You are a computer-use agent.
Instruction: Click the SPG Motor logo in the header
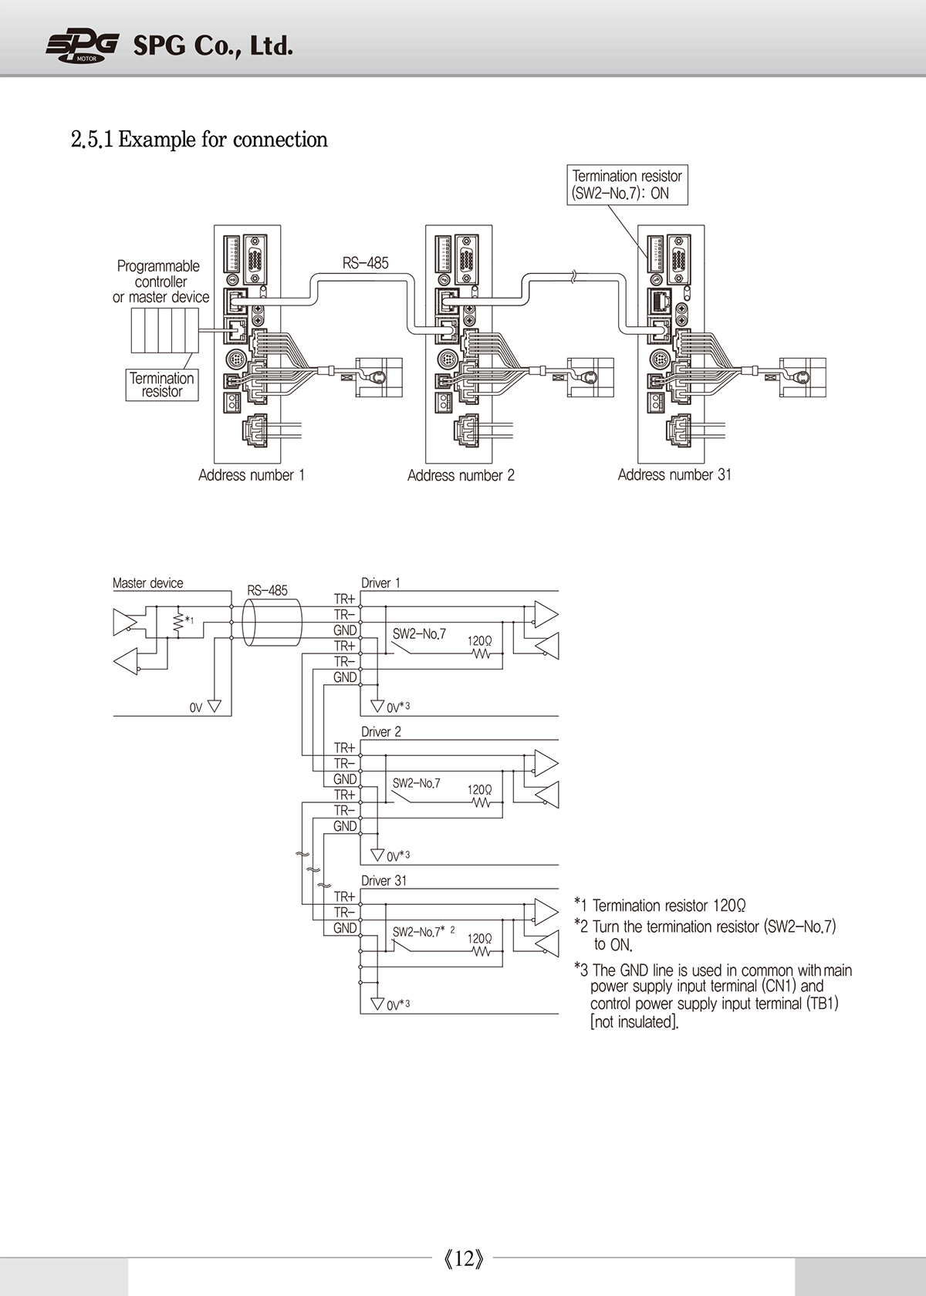pos(82,47)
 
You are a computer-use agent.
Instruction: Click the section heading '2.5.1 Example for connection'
pos(199,140)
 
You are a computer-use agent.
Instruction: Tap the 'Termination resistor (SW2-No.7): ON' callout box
pos(627,184)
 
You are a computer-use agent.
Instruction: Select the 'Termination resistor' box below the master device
pos(162,385)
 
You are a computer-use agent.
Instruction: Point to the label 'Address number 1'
pos(252,475)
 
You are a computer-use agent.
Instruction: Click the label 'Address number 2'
pos(461,475)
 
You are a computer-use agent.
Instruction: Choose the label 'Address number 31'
pos(674,475)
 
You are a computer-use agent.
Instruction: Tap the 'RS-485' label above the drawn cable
pos(365,263)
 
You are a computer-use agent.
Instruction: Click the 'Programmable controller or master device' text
pos(161,282)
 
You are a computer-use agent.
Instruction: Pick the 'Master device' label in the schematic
pos(147,582)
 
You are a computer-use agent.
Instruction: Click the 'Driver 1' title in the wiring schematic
pos(380,582)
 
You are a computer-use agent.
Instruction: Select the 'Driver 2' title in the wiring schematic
pos(381,731)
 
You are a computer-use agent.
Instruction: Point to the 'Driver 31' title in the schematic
pos(384,880)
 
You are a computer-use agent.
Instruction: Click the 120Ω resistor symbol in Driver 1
pos(481,654)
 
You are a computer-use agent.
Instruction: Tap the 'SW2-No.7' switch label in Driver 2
pos(416,783)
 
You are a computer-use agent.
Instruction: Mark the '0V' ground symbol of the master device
pos(215,707)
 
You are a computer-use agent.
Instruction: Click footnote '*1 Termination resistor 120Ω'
pos(660,905)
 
